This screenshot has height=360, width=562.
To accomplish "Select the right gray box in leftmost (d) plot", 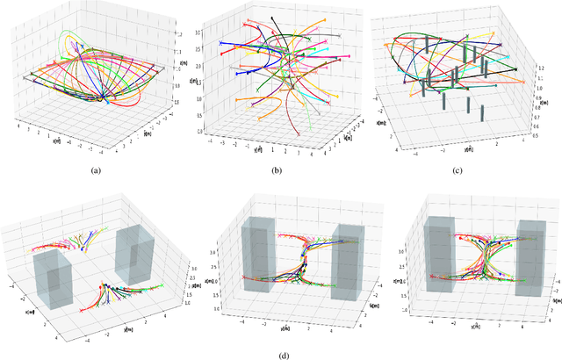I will [133, 248].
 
